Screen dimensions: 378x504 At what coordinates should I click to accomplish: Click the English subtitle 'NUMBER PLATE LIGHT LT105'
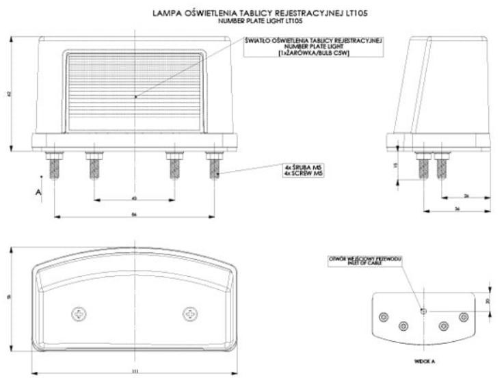pos(252,21)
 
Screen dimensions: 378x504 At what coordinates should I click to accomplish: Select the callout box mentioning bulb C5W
pos(314,46)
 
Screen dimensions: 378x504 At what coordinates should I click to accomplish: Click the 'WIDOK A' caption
pos(423,357)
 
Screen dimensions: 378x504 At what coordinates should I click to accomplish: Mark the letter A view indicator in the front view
pos(38,193)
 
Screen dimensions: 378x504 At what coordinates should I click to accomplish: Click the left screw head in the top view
pos(79,314)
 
